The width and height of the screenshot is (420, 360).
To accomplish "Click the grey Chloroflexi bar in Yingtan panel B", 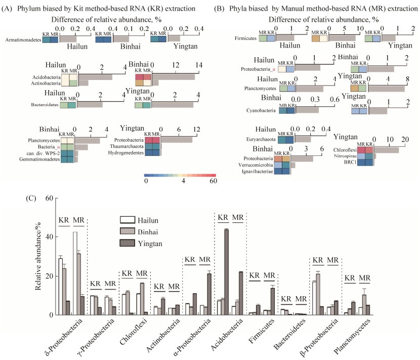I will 387,149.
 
